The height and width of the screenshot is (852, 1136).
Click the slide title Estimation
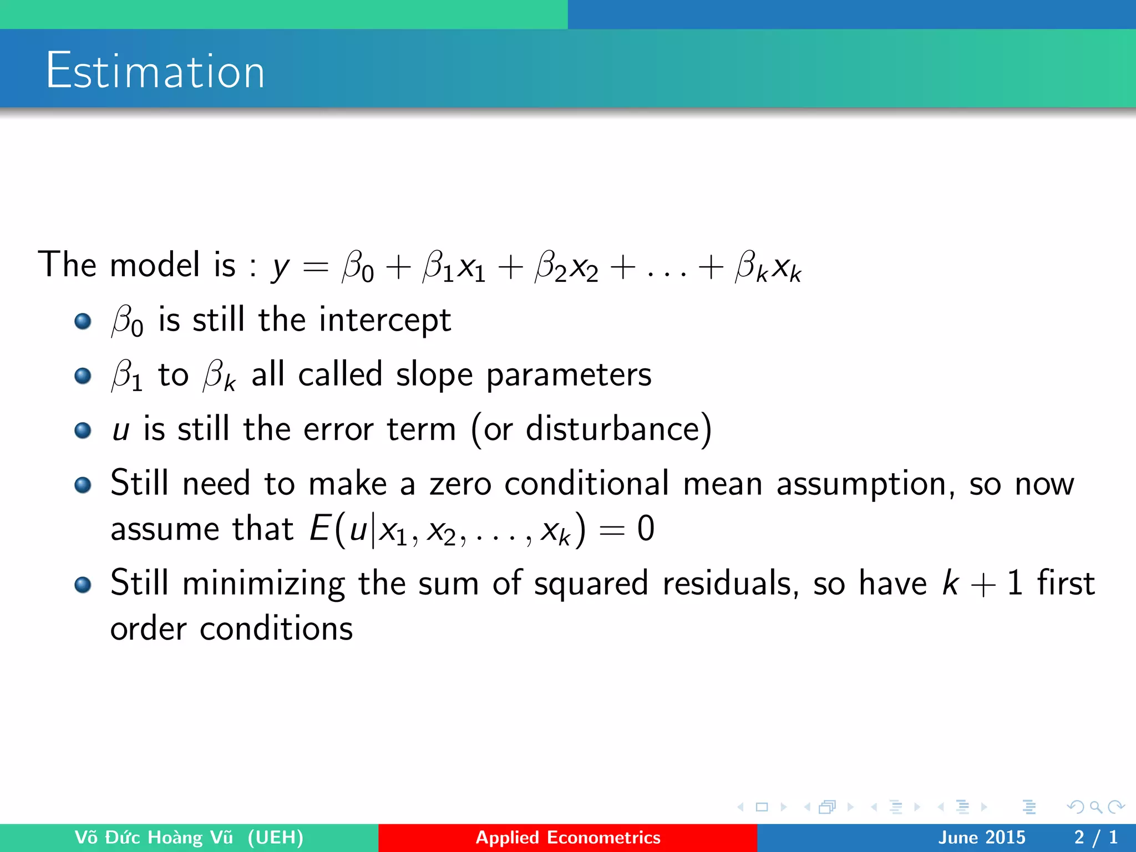pos(155,70)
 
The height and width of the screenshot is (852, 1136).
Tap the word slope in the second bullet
pos(434,374)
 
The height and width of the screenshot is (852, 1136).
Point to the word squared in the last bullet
pos(591,584)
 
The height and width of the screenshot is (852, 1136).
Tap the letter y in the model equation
pos(281,267)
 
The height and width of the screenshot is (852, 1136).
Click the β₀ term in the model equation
pos(358,267)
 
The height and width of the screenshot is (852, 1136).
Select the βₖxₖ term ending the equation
pos(768,267)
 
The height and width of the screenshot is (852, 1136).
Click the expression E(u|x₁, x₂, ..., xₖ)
pos(447,529)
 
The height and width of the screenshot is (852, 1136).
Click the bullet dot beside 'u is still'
pos(83,430)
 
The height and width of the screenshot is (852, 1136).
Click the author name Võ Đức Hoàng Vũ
pos(154,837)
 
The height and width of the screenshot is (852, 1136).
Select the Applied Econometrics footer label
pos(568,837)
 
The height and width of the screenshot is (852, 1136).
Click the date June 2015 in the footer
pos(981,837)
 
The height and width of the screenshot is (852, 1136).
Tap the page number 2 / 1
pos(1096,837)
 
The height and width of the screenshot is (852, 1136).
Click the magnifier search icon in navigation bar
pos(1096,807)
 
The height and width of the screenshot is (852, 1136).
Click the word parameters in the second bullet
pos(569,376)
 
